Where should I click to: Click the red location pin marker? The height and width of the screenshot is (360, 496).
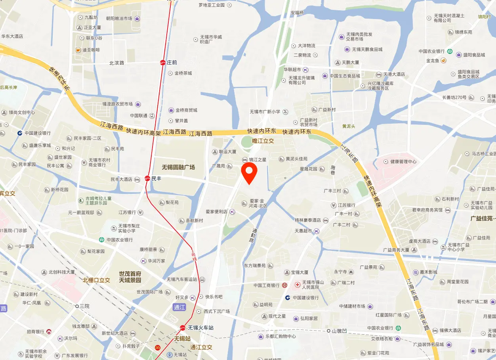pyautogui.click(x=249, y=173)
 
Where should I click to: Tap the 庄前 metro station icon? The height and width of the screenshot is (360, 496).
pyautogui.click(x=163, y=63)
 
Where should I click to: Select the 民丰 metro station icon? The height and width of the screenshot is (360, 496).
pyautogui.click(x=147, y=178)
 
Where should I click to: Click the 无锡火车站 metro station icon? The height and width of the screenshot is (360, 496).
pyautogui.click(x=182, y=327)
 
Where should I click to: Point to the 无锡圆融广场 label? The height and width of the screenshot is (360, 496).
pyautogui.click(x=178, y=167)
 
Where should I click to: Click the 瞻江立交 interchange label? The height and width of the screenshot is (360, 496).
pyautogui.click(x=263, y=141)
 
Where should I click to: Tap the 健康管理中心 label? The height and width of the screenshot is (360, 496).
pyautogui.click(x=403, y=161)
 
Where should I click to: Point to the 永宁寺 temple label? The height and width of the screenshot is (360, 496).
pyautogui.click(x=340, y=272)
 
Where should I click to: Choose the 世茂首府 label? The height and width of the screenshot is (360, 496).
pyautogui.click(x=130, y=274)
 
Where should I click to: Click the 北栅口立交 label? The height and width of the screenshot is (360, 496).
pyautogui.click(x=96, y=280)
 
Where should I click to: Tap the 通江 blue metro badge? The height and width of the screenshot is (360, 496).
pyautogui.click(x=179, y=307)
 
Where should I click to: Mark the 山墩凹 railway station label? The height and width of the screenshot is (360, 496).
pyautogui.click(x=339, y=331)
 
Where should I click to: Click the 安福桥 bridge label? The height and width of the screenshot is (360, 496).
pyautogui.click(x=297, y=13)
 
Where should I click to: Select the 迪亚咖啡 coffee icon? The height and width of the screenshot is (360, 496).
pyautogui.click(x=78, y=50)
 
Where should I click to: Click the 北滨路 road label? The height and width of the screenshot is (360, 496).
pyautogui.click(x=116, y=63)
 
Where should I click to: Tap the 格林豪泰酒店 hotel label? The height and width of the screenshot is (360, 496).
pyautogui.click(x=307, y=220)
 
